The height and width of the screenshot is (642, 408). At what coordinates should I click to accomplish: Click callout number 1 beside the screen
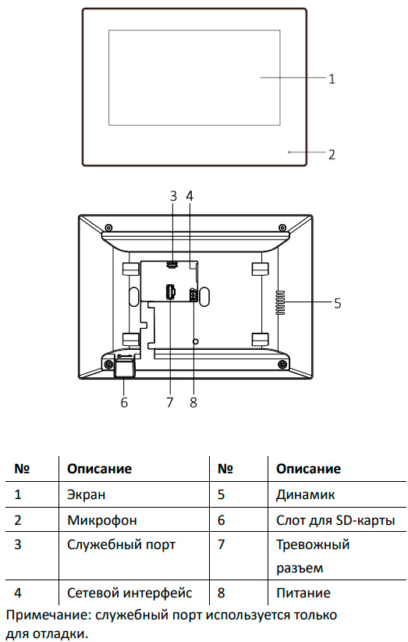pos(332,78)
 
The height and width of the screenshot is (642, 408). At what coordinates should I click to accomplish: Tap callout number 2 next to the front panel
pos(332,155)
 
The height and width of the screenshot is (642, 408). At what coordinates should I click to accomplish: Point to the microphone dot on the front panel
pos(289,152)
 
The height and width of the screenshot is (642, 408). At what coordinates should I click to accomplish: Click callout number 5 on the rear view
pos(337,303)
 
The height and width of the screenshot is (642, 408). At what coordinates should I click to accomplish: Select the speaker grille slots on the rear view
pos(280,303)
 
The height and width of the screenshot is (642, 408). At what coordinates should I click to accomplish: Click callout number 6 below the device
pos(124,402)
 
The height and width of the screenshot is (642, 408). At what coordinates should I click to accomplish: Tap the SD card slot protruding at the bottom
pos(124,368)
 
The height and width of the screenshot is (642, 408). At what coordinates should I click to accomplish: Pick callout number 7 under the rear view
pos(170,402)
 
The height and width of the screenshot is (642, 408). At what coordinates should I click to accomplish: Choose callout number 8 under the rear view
pos(193,402)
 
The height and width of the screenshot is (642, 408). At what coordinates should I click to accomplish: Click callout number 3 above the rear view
pos(173,196)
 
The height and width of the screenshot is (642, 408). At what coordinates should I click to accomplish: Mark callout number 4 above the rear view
pos(190,196)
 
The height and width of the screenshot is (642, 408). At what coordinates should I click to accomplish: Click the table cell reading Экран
pos(87,494)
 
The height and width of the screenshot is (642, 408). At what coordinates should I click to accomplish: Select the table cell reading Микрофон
pos(102,520)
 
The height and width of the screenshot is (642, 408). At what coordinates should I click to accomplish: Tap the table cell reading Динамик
pos(305,494)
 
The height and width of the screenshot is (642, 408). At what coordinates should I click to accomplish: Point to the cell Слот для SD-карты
pos(335,520)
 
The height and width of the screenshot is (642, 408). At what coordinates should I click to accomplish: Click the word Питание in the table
pos(303,593)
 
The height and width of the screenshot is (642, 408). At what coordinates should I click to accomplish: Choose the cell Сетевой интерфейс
pos(129,593)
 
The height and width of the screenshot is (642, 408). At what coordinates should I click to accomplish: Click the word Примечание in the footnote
pos(48,615)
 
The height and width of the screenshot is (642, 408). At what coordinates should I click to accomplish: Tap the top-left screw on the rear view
pos(108,227)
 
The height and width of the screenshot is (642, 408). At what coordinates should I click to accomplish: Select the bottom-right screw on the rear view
pos(282,364)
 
